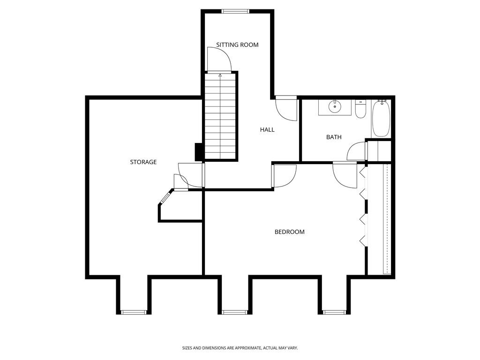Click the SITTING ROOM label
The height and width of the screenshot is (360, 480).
[237, 45]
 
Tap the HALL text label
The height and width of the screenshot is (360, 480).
[267, 130]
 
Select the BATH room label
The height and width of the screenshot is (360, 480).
[334, 137]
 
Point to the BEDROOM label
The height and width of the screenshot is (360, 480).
[289, 232]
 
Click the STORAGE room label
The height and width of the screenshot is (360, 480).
[143, 162]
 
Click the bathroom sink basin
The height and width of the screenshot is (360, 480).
[335, 106]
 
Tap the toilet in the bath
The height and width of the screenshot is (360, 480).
[360, 110]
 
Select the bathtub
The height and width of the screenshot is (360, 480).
[381, 118]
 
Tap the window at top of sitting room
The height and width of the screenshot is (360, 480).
[235, 12]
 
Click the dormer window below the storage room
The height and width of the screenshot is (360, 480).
[134, 312]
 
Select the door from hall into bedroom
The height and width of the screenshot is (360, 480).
[284, 175]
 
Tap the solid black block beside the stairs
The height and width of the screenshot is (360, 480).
[198, 151]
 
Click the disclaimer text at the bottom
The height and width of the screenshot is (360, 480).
[240, 348]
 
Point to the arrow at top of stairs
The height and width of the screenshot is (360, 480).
[220, 75]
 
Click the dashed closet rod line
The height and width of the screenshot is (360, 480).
[387, 218]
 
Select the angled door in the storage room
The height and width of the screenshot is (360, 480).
[165, 197]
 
